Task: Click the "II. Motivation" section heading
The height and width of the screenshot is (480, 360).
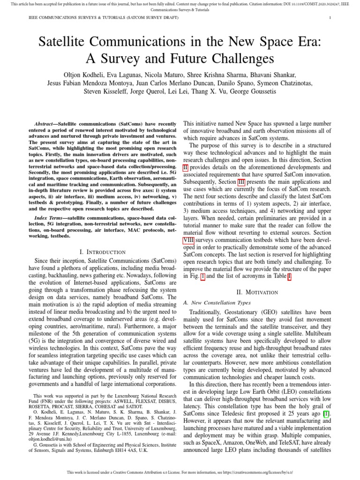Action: click(257, 292)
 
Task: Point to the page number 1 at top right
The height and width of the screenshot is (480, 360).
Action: click(330, 18)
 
